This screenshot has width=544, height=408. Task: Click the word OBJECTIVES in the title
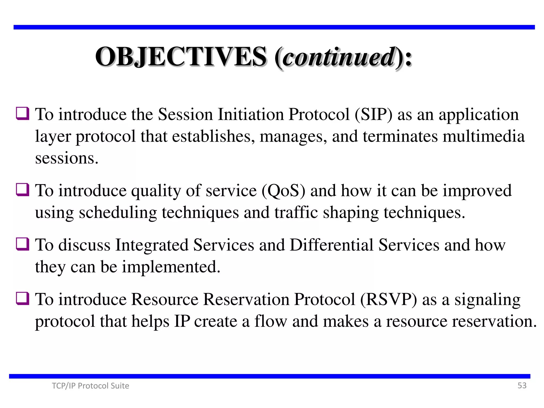point(181,57)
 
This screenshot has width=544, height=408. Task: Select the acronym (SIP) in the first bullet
point(373,114)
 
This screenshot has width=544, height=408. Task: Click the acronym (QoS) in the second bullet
point(283,191)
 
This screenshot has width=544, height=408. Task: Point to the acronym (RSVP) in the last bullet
point(389,299)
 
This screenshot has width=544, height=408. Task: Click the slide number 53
point(522,385)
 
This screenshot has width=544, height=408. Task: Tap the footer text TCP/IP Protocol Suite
point(90,386)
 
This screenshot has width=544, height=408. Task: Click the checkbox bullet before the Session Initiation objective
point(23,113)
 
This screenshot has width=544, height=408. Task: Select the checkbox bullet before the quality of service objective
point(23,190)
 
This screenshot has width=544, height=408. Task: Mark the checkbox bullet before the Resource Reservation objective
point(23,298)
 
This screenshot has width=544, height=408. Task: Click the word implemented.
point(171,267)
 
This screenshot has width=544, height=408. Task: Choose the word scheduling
point(118,213)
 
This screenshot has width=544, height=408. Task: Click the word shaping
point(351,213)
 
